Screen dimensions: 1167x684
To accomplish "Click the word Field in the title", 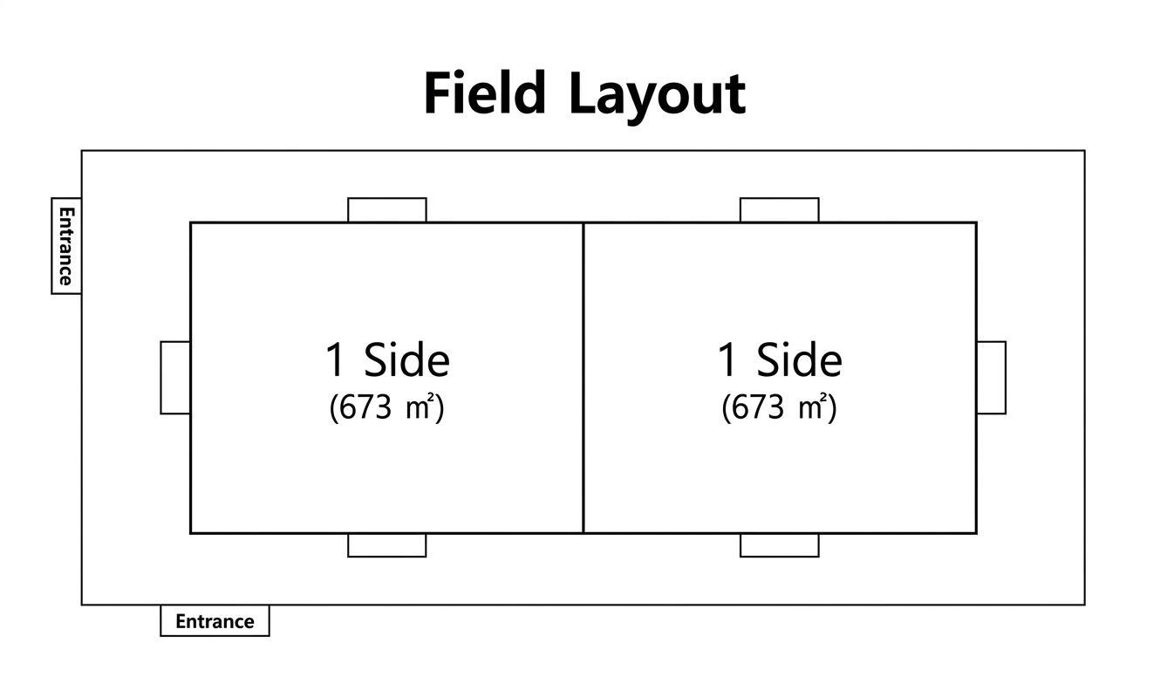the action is (x=485, y=92).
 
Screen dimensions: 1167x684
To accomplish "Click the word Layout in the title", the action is (x=658, y=96).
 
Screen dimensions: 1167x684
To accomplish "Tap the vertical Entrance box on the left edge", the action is (x=66, y=246).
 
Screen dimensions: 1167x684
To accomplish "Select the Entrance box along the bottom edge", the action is (x=215, y=620).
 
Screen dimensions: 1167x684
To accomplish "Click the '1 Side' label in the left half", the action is (x=387, y=360).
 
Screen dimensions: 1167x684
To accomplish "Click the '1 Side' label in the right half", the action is (x=780, y=360).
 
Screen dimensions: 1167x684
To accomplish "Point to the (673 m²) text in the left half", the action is (x=386, y=407).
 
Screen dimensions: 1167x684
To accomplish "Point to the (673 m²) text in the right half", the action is (x=779, y=407).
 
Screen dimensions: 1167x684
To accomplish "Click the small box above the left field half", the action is (x=387, y=210).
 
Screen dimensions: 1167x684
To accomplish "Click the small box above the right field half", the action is (x=780, y=210).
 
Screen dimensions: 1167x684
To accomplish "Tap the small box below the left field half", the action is (x=387, y=545).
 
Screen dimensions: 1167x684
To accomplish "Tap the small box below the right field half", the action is (x=780, y=545).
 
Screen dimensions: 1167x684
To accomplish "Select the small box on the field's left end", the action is (x=175, y=378).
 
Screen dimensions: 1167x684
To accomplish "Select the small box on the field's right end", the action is (x=991, y=378).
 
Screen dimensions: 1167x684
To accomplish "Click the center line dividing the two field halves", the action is (x=583, y=378).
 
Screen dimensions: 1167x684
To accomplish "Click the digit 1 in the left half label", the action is (x=334, y=360).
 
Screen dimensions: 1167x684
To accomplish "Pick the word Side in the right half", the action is (x=800, y=360).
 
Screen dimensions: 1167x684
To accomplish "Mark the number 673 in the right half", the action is (x=758, y=407).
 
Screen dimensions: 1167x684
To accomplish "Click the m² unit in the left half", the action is (x=420, y=407).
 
